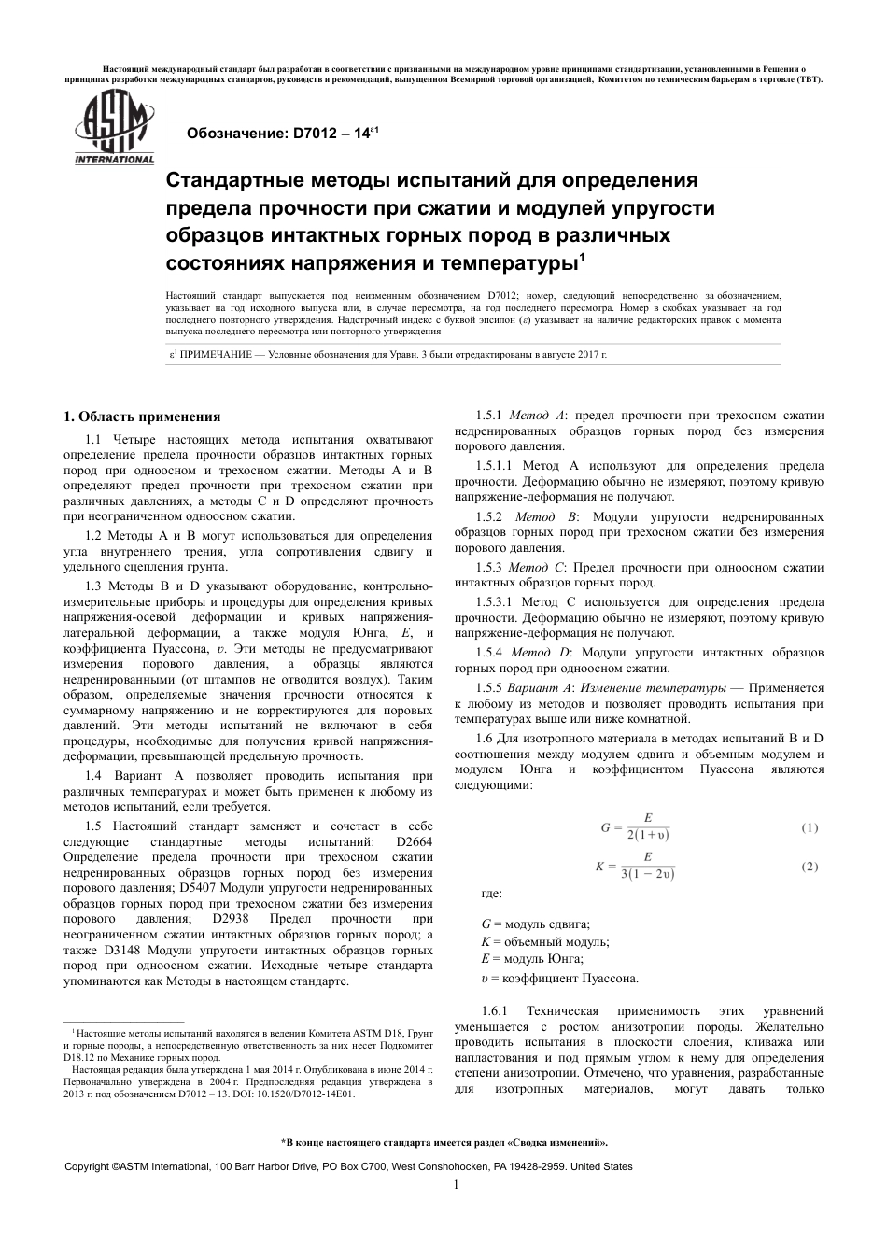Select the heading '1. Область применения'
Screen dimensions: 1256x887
pos(141,417)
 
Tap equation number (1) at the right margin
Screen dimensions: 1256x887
pos(810,827)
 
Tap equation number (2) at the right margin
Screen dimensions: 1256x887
pos(810,867)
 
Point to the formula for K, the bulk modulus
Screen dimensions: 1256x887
pos(635,867)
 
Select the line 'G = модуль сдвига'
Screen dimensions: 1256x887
pos(535,924)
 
